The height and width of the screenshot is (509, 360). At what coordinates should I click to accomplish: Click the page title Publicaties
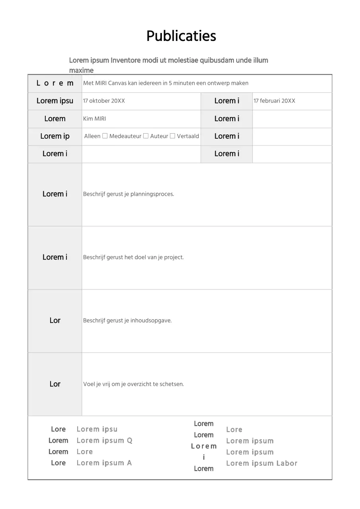tap(181, 36)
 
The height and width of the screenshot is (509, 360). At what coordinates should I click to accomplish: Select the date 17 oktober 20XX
tap(104, 101)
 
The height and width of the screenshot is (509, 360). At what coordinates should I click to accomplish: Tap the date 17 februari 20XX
tap(274, 101)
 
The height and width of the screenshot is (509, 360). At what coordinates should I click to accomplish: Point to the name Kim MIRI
tap(94, 119)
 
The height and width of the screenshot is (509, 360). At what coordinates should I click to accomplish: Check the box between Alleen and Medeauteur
tap(105, 136)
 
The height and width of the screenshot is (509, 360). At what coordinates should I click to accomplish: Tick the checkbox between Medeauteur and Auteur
tap(146, 136)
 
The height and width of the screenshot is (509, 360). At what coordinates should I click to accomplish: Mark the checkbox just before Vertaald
tap(173, 136)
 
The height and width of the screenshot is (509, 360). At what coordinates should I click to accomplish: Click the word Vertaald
tap(188, 136)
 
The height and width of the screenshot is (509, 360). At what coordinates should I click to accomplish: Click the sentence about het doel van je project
tap(133, 257)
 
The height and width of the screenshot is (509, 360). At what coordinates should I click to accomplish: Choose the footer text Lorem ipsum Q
tap(104, 441)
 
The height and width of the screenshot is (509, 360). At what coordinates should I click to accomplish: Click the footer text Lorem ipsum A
tap(104, 463)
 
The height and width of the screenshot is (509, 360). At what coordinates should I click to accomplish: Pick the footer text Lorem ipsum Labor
tap(261, 463)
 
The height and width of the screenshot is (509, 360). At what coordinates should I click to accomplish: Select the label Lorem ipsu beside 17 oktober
tap(55, 101)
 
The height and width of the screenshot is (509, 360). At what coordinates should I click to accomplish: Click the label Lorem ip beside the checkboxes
tap(55, 136)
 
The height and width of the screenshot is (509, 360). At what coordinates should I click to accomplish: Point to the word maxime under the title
tap(81, 70)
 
